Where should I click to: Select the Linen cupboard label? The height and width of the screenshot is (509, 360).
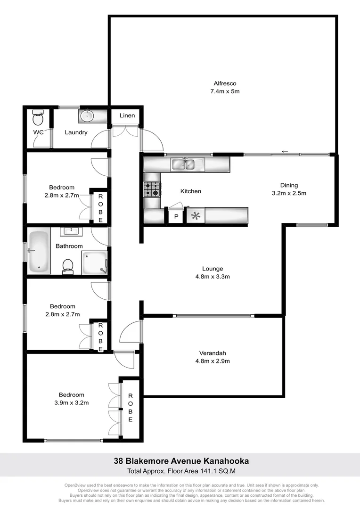(x=127, y=115)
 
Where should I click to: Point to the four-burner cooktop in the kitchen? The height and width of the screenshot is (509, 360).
(x=152, y=189)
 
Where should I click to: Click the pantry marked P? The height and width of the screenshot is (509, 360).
(x=176, y=217)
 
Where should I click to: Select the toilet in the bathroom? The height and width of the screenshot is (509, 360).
(x=68, y=266)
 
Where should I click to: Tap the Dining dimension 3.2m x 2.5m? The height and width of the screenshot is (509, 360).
(x=289, y=193)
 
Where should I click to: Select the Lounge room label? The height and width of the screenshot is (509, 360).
(x=213, y=269)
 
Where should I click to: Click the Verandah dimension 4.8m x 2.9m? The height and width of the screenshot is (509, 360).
(x=213, y=361)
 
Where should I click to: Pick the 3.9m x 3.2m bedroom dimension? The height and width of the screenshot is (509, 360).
(x=71, y=403)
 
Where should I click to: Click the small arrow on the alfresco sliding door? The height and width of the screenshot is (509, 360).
(x=285, y=152)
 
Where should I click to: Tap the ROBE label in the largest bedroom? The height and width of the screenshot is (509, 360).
(x=131, y=408)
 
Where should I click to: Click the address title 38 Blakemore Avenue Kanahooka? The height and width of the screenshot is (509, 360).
(x=181, y=461)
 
